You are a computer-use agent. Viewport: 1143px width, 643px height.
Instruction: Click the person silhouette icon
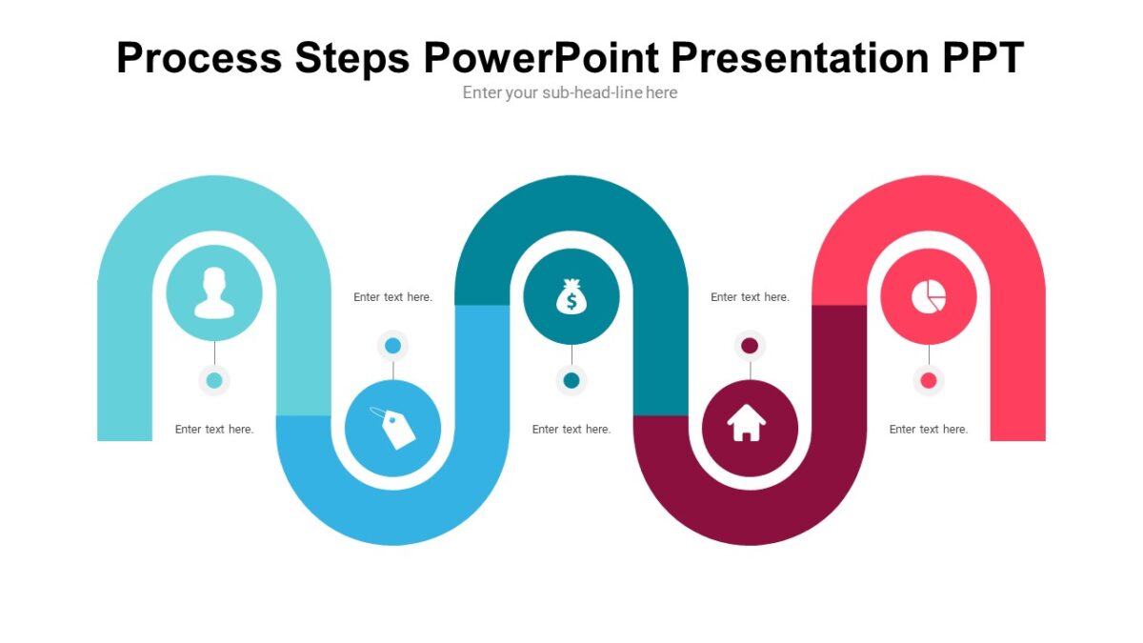click(x=214, y=292)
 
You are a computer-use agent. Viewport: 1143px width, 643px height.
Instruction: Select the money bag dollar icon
click(x=571, y=297)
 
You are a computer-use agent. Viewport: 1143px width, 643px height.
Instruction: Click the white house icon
click(x=748, y=424)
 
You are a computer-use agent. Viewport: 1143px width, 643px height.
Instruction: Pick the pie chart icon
click(x=929, y=297)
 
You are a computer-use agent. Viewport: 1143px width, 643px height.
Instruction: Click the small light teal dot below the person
click(x=214, y=381)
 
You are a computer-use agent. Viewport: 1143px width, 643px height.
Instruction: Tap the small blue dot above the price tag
click(x=392, y=345)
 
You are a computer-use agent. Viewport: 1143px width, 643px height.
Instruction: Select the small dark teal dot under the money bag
click(x=571, y=381)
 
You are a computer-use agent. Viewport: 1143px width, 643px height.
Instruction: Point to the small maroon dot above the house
click(x=750, y=345)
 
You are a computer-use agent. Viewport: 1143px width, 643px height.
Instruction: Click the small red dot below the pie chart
click(x=929, y=381)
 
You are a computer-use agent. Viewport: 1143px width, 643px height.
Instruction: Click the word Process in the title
click(x=199, y=58)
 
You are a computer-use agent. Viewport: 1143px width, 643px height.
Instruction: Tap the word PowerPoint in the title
click(x=539, y=58)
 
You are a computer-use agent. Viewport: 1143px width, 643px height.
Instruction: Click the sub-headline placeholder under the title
click(x=570, y=92)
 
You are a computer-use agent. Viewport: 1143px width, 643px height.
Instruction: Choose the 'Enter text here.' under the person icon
click(x=214, y=430)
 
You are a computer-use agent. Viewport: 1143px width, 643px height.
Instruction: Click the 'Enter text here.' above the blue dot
click(x=392, y=297)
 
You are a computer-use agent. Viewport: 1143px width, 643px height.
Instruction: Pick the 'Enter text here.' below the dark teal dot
click(x=571, y=430)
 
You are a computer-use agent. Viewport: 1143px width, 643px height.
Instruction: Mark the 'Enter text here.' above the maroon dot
click(x=750, y=297)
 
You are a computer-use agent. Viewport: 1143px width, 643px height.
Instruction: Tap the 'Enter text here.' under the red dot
click(x=929, y=430)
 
